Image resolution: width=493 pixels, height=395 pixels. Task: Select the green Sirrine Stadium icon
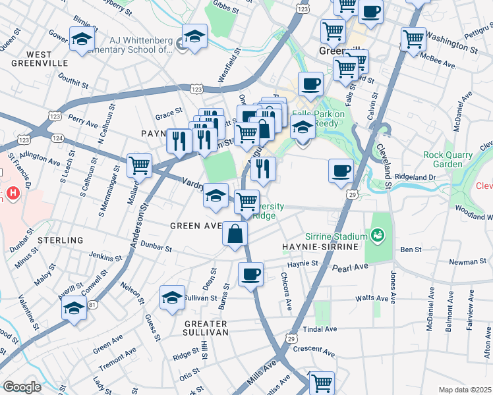[378, 234]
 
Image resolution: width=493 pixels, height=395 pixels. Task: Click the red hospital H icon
[13, 194]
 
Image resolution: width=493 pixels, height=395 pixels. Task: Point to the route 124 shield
[58, 138]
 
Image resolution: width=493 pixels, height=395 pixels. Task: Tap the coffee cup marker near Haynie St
[250, 274]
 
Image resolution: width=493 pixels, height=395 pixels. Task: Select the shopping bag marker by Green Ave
[235, 233]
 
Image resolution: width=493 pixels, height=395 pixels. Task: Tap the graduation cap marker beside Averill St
[74, 307]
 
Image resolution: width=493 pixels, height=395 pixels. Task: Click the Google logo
[22, 386]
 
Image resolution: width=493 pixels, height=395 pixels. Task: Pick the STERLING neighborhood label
[61, 240]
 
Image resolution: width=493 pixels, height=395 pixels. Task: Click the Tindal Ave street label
[320, 329]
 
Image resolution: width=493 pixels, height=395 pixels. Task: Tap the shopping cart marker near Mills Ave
[321, 382]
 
